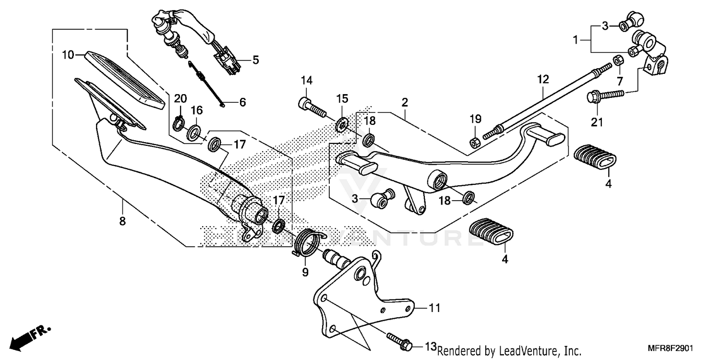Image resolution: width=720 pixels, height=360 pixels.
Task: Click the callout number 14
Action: pyautogui.click(x=307, y=80)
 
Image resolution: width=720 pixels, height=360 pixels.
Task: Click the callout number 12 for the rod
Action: pyautogui.click(x=542, y=80)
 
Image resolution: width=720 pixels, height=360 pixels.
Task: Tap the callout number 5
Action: pyautogui.click(x=255, y=60)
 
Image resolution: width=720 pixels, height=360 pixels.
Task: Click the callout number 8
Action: pyautogui.click(x=122, y=221)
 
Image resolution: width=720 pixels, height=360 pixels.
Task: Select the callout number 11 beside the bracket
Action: pyautogui.click(x=434, y=308)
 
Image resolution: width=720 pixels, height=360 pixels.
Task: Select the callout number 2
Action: pyautogui.click(x=405, y=102)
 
